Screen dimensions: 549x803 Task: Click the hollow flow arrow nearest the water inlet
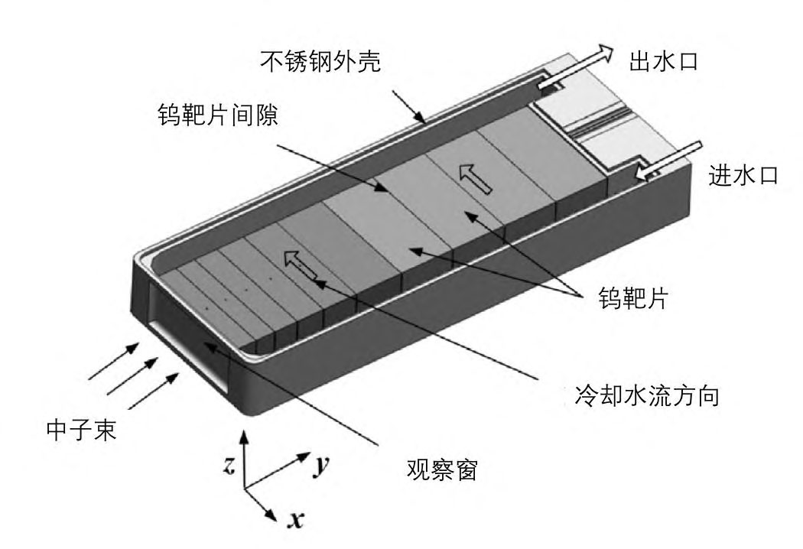tap(471, 180)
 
